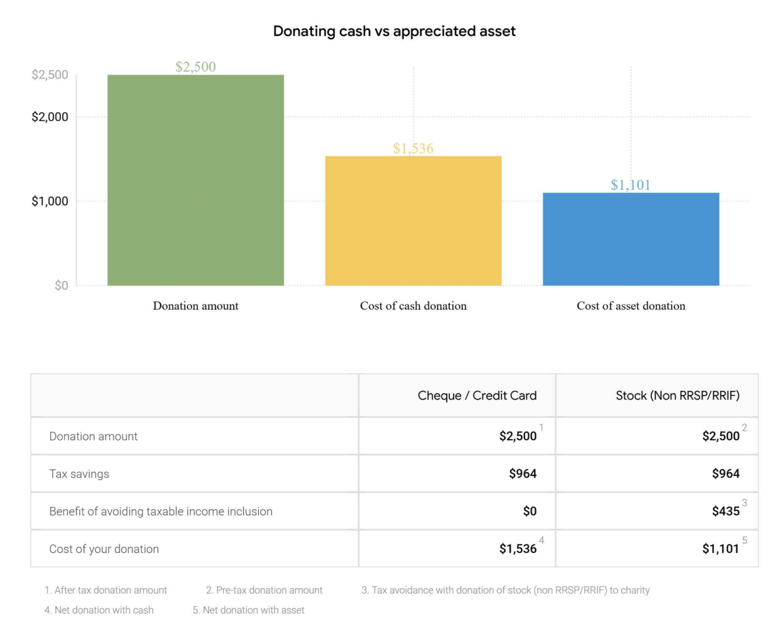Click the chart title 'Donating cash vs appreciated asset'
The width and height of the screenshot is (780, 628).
click(394, 31)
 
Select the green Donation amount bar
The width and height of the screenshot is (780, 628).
click(196, 181)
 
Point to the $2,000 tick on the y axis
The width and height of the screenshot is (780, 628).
click(50, 117)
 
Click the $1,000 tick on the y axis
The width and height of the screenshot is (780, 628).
click(50, 201)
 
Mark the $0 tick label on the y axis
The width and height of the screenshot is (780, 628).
click(61, 285)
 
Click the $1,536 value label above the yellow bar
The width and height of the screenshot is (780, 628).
click(413, 149)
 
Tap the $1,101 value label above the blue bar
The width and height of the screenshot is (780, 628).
click(630, 185)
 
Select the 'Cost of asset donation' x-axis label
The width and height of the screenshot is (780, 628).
click(631, 306)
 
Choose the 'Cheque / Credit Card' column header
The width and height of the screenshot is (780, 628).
click(477, 396)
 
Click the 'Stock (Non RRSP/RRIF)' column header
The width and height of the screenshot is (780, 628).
click(677, 396)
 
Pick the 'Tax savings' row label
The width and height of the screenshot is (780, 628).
click(79, 474)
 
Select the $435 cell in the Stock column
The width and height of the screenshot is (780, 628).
click(725, 511)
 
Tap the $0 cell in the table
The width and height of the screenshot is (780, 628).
click(530, 511)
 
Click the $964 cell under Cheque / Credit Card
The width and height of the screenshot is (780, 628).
click(523, 473)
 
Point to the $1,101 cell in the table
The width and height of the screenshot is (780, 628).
click(721, 549)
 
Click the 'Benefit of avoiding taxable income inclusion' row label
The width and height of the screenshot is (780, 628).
click(161, 511)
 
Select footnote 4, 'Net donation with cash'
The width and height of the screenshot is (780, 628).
click(99, 610)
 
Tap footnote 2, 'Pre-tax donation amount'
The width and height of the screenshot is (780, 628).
click(264, 590)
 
